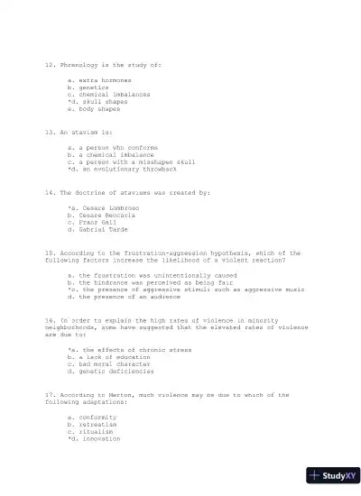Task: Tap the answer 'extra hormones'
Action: pyautogui.click(x=98, y=80)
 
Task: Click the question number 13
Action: pyautogui.click(x=50, y=132)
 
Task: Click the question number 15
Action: pyautogui.click(x=50, y=253)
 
